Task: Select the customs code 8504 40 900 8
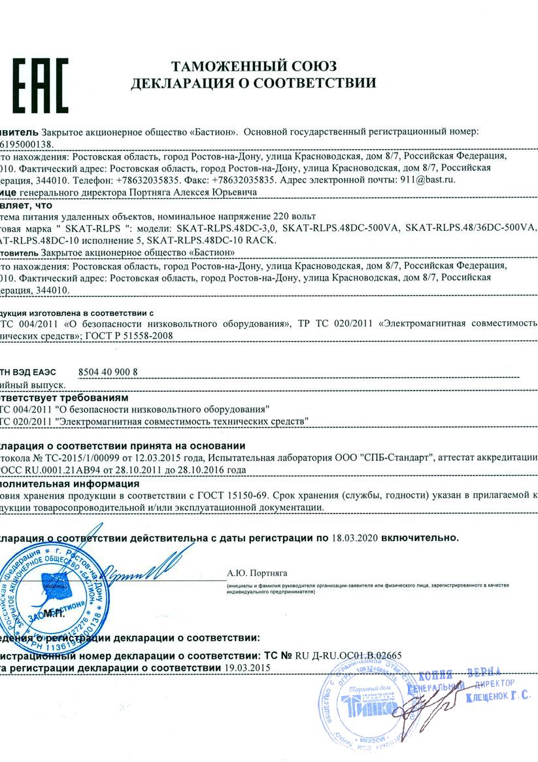pyautogui.click(x=108, y=372)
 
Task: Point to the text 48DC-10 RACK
pyautogui.click(x=242, y=240)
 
